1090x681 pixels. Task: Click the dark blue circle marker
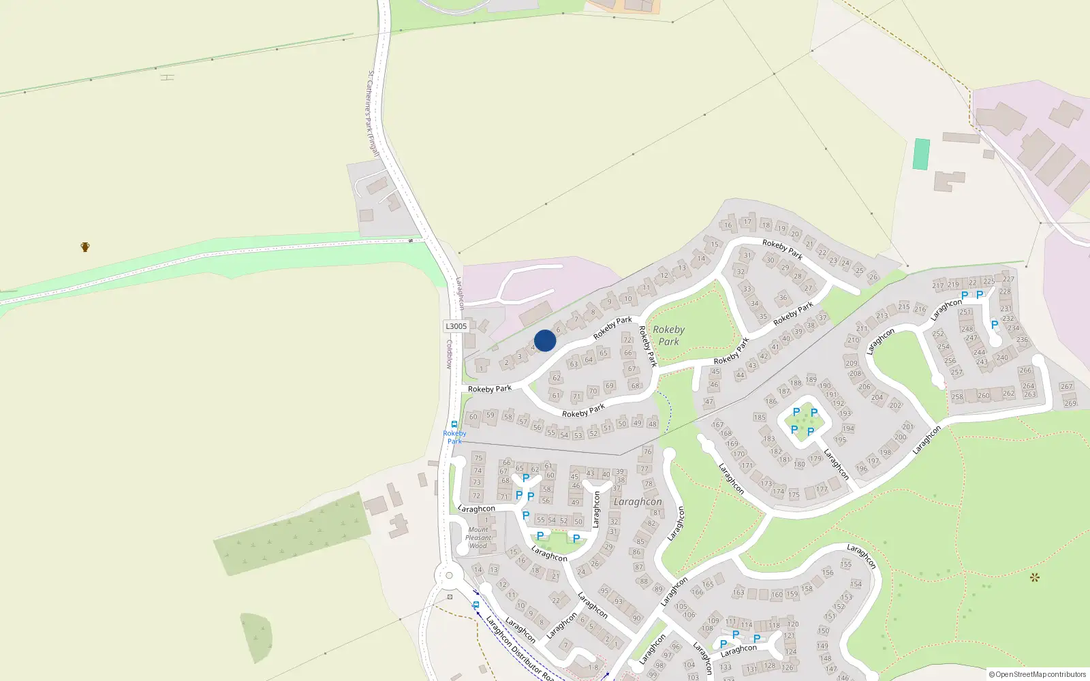545,340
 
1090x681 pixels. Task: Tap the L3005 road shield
456,326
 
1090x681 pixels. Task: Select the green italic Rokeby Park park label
668,335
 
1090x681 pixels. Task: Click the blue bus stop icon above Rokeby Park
454,424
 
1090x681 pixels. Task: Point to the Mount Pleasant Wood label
478,537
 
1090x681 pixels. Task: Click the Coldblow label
449,354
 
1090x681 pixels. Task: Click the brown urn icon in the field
85,247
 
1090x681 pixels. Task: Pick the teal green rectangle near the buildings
921,154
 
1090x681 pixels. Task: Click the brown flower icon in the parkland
1035,577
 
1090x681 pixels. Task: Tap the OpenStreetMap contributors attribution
1038,674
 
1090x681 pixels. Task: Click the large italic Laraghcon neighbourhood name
638,502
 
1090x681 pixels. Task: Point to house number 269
1070,403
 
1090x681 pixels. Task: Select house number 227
1008,279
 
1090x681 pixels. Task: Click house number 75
478,458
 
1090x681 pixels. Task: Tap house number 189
811,379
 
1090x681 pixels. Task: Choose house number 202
895,405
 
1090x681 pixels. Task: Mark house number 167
718,424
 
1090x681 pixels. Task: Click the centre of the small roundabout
449,575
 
